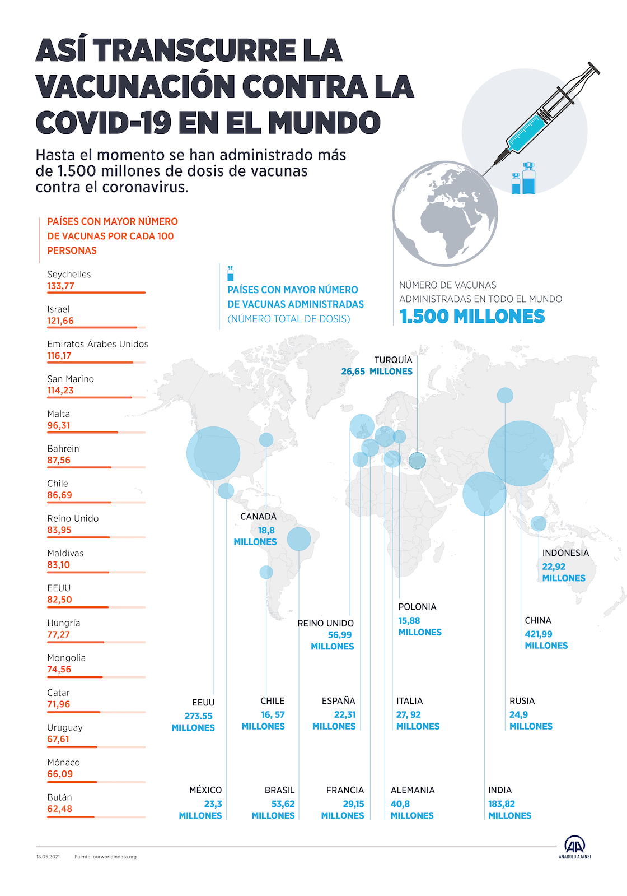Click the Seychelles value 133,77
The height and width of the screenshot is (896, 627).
coord(60,286)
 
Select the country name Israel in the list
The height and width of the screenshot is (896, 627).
coord(58,309)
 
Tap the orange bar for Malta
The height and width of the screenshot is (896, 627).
coord(82,433)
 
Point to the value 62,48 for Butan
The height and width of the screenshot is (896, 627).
coord(59,809)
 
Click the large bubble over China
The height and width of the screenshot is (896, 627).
coord(521,453)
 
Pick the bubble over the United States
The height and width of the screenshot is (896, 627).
coord(213,453)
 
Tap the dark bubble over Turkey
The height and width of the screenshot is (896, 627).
coord(417,461)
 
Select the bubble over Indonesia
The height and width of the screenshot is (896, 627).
coord(539,523)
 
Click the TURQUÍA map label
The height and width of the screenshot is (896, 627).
coord(393,360)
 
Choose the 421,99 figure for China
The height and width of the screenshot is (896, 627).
coord(538,634)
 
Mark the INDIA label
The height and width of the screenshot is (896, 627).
coord(500,790)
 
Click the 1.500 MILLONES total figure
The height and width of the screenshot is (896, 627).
coord(472,317)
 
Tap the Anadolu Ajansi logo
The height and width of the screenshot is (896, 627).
coord(574,847)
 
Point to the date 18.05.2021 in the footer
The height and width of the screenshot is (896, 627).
coord(48,857)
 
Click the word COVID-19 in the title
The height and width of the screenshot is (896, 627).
coord(103,123)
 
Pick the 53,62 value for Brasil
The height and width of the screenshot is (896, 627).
coord(283,804)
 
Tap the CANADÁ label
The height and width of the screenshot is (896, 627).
coord(258,517)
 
